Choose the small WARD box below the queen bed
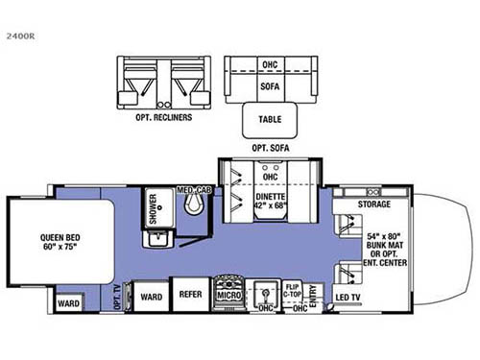click(x=69, y=306)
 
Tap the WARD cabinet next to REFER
click(x=149, y=296)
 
